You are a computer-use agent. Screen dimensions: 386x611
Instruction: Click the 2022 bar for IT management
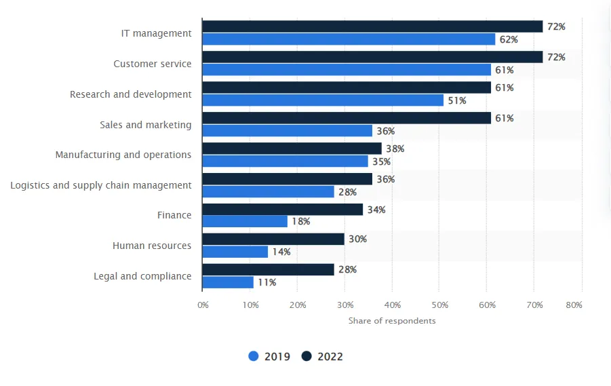coord(372,26)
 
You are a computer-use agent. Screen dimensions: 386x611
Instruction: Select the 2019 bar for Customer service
coord(347,70)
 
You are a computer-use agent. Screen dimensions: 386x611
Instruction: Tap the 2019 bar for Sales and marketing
coord(288,131)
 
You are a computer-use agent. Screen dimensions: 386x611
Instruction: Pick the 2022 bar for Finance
coord(282,210)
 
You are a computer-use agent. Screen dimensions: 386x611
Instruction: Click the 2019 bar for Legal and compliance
coord(228,282)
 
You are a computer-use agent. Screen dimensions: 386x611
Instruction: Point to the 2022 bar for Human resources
coord(273,239)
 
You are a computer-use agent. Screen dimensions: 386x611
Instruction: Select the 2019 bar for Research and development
coord(323,100)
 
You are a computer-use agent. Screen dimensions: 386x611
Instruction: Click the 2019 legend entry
coord(269,356)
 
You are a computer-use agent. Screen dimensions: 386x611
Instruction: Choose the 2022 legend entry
coord(323,356)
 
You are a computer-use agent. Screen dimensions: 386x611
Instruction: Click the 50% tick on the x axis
coord(439,305)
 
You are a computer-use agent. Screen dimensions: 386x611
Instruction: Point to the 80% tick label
coord(574,305)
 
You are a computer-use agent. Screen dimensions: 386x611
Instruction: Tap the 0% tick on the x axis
coord(203,305)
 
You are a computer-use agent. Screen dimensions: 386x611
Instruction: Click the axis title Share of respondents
coord(392,321)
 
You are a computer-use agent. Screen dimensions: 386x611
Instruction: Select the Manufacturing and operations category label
coord(123,155)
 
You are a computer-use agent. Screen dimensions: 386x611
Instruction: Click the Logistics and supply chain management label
coord(101,185)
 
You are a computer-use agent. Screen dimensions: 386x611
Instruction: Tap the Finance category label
coord(174,215)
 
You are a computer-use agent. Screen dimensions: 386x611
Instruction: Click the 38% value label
coord(395,149)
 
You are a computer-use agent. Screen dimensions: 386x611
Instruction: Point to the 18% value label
coord(300,221)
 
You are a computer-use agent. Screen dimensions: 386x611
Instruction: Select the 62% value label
coord(508,39)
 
